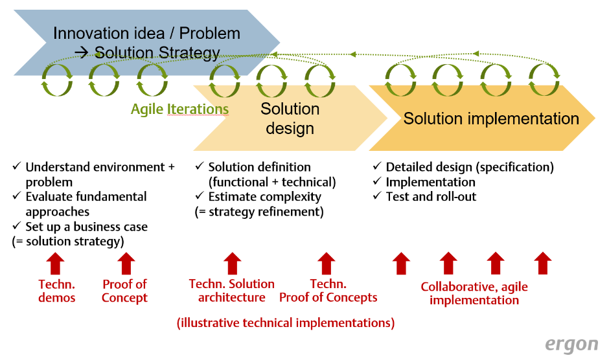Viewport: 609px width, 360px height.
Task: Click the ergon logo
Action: (x=571, y=345)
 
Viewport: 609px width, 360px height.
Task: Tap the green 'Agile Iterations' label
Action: (x=179, y=109)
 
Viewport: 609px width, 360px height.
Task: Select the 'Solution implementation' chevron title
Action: (x=491, y=118)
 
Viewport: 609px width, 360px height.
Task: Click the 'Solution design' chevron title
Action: (x=290, y=118)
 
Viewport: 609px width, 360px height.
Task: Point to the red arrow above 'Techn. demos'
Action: (x=56, y=264)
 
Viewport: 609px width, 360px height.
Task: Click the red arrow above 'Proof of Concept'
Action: (x=126, y=264)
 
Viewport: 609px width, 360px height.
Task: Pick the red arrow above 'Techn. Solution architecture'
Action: (x=232, y=264)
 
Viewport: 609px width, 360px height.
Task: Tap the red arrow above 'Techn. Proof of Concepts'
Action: (x=327, y=264)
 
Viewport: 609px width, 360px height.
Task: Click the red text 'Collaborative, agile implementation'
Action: (x=474, y=293)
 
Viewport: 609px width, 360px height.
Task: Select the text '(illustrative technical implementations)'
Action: (x=286, y=322)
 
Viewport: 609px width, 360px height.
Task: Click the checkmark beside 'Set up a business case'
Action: (x=16, y=225)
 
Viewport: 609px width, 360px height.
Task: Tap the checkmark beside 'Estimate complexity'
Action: (x=200, y=196)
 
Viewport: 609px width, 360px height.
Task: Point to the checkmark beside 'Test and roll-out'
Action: (x=377, y=196)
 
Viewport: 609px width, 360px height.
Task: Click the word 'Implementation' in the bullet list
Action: (x=430, y=182)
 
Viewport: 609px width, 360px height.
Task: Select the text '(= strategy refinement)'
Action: (x=259, y=212)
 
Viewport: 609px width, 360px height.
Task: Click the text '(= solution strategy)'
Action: (x=68, y=241)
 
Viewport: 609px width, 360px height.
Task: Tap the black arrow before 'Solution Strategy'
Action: (x=82, y=52)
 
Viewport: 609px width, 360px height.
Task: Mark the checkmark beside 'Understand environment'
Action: (x=16, y=166)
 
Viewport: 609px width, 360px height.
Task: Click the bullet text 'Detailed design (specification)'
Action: (x=470, y=167)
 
